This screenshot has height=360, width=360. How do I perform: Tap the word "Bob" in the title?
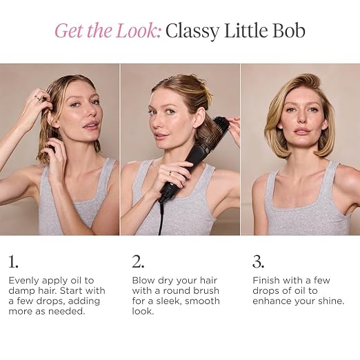[x=289, y=30]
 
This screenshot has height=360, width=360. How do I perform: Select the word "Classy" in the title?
[x=192, y=32]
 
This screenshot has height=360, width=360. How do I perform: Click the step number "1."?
[x=13, y=261]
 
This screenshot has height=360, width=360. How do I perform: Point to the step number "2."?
[x=138, y=261]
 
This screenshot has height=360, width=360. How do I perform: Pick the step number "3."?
[x=258, y=261]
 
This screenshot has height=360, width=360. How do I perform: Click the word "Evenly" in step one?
[x=24, y=281]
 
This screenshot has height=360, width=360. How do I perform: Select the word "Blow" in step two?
[x=143, y=281]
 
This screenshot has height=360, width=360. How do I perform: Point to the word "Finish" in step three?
[x=266, y=281]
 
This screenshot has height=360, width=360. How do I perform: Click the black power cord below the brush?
[x=161, y=218]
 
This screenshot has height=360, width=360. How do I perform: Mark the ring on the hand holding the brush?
[x=170, y=173]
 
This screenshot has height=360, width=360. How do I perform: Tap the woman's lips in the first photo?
[x=88, y=126]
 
